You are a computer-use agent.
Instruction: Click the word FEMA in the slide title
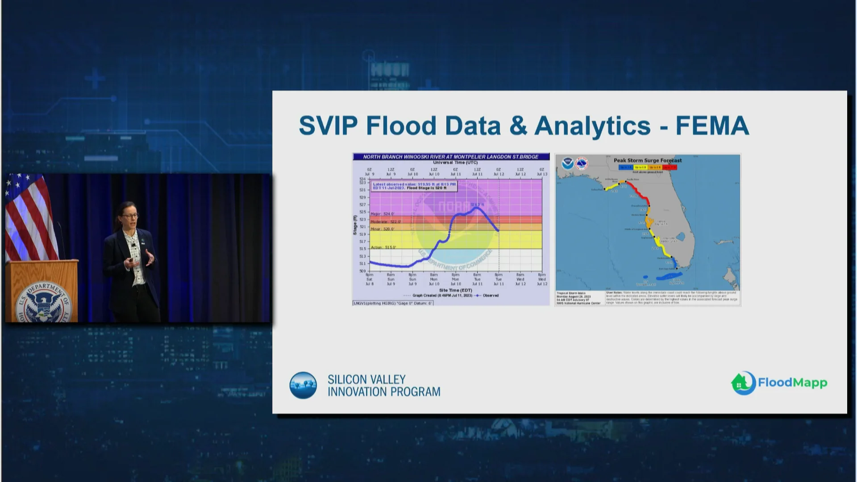tap(712, 125)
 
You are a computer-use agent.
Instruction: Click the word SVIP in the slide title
tap(328, 125)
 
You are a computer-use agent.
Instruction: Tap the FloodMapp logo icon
tap(743, 383)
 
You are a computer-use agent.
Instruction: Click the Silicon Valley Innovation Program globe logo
tap(303, 385)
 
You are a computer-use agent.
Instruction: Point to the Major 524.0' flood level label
tap(383, 214)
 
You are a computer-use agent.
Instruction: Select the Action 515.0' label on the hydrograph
tap(383, 247)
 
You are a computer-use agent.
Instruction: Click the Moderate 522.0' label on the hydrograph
tap(386, 222)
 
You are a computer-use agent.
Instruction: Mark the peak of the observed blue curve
tap(477, 208)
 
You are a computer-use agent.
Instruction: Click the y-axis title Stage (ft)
tap(355, 225)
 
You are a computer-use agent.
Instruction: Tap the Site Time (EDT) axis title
tap(455, 291)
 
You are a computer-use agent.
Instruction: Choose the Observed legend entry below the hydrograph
tap(487, 295)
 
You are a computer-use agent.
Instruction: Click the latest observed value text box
tap(414, 186)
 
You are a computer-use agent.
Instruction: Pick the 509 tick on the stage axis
tap(362, 271)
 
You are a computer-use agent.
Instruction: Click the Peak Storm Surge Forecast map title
tap(647, 161)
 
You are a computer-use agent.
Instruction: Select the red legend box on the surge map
tap(669, 167)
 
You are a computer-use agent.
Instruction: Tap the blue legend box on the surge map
tap(625, 167)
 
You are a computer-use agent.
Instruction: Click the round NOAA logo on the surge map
tap(568, 163)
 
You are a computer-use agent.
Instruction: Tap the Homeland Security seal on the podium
tap(45, 302)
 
